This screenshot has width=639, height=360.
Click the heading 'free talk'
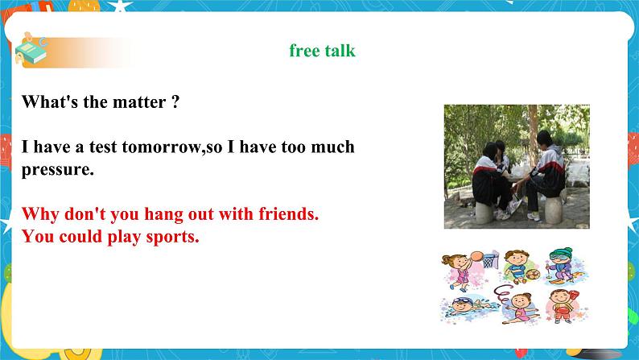[322, 51]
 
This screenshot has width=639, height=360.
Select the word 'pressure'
[57, 170]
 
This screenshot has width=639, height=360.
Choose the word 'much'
[331, 147]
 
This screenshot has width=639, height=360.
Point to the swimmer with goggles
[463, 309]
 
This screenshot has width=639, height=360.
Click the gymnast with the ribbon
[515, 306]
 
